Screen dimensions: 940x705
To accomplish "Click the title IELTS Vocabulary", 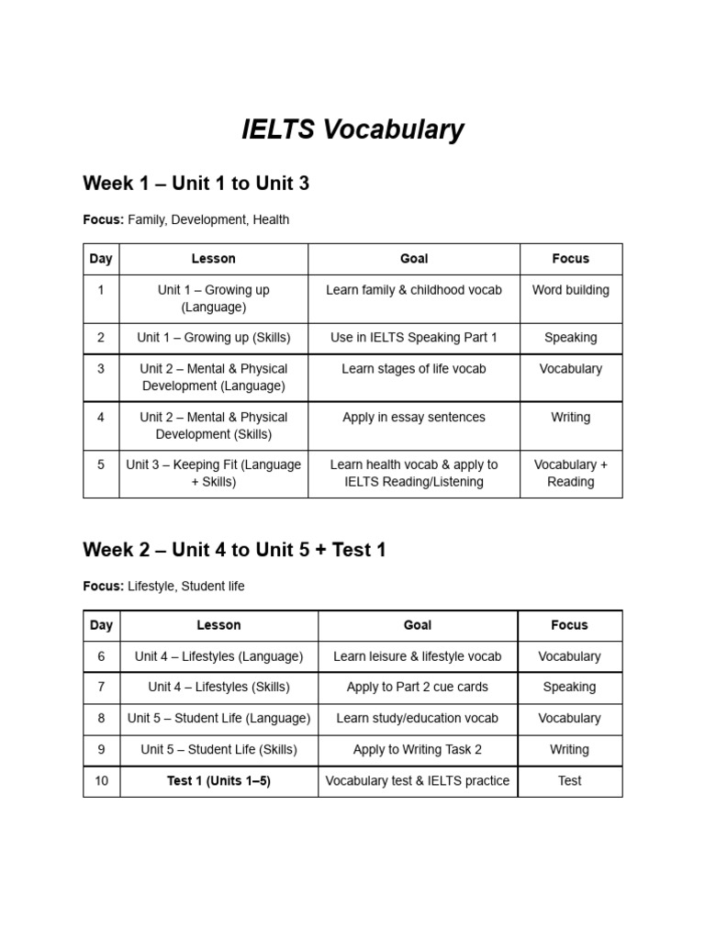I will [352, 130].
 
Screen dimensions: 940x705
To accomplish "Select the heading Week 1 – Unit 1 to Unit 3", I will [196, 184].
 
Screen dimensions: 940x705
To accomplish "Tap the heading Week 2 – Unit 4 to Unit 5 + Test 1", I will [234, 550].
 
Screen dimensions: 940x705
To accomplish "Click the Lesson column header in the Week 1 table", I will [213, 259].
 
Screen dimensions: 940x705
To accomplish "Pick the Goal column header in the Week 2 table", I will [418, 625].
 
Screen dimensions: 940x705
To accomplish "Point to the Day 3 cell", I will [101, 369].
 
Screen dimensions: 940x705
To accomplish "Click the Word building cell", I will [570, 290].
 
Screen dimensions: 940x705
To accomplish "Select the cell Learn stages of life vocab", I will [414, 369].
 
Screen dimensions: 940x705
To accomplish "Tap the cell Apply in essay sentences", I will [414, 417].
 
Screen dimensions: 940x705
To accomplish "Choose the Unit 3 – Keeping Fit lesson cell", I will [213, 473].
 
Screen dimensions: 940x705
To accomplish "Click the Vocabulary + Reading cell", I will [570, 473].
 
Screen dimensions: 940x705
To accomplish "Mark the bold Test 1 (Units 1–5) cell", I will [218, 781].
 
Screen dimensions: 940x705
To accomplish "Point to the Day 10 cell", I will [101, 781].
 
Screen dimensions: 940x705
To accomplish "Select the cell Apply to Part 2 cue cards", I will [418, 687].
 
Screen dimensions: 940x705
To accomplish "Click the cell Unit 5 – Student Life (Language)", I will [218, 718].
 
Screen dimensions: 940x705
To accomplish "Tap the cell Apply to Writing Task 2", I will [418, 749].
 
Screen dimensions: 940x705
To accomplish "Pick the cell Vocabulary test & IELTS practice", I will [418, 781].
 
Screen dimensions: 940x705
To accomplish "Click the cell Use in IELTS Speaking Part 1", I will [414, 338].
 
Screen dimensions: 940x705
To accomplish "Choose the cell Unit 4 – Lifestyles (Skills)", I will [218, 687].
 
